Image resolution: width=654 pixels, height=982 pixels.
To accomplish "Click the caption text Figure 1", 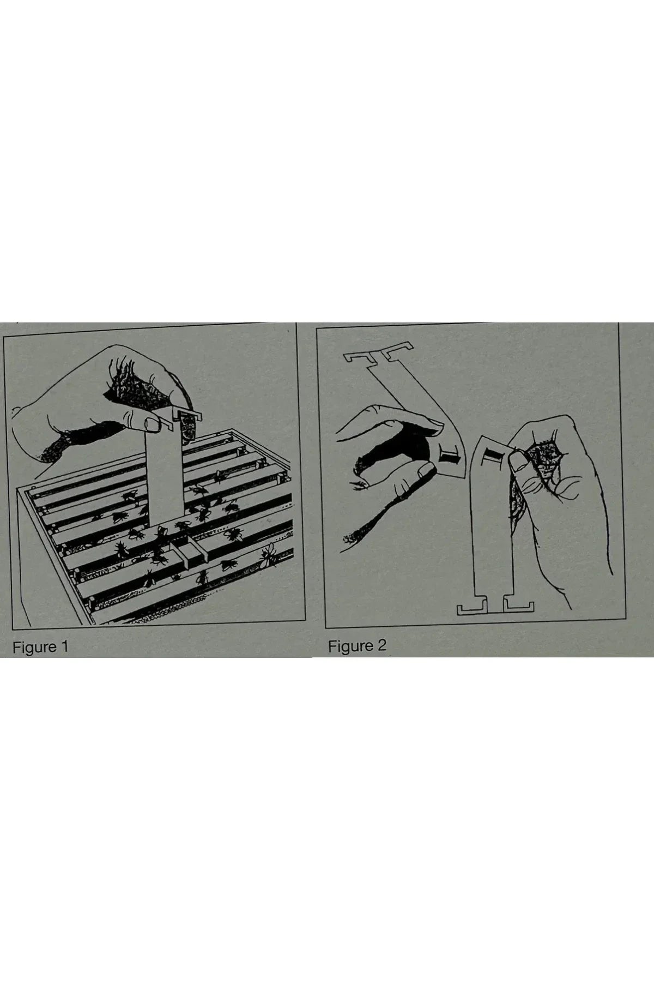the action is coord(41,647).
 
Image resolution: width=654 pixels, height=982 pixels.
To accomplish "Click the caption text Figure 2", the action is coord(357,646).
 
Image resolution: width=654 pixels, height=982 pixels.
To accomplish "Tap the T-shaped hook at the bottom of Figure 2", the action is coord(495,606).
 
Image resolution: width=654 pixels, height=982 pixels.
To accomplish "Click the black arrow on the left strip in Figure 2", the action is coord(449,455).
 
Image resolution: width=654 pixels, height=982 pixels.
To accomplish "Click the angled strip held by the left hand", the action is coord(414,415).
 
